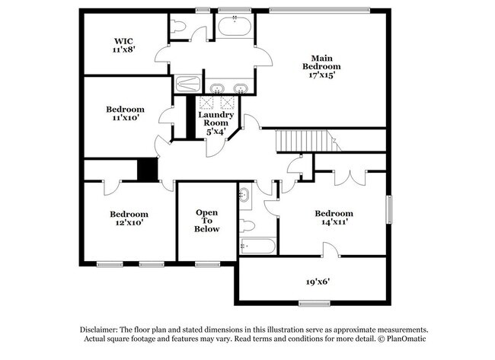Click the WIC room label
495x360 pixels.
[x=123, y=40]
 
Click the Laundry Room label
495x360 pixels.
[x=216, y=119]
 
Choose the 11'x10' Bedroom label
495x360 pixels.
[x=125, y=109]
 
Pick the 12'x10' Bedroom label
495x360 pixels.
[x=128, y=214]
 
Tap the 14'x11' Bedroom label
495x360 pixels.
[x=334, y=213]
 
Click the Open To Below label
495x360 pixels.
[x=207, y=220]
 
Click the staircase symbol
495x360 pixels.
[x=305, y=141]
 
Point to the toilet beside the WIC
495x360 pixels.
[x=178, y=28]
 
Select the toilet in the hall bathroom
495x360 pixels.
[x=247, y=225]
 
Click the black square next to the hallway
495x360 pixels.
[x=147, y=169]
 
